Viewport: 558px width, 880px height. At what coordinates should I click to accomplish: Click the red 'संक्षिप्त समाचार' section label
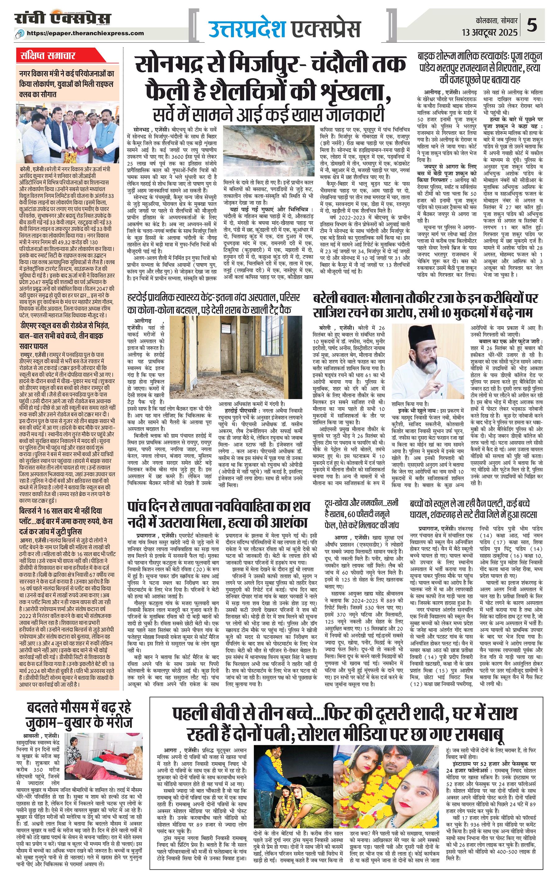[x=48, y=56]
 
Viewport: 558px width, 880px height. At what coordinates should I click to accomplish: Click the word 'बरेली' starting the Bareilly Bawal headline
[x=327, y=299]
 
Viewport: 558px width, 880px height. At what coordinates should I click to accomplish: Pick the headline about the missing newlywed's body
[x=218, y=513]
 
